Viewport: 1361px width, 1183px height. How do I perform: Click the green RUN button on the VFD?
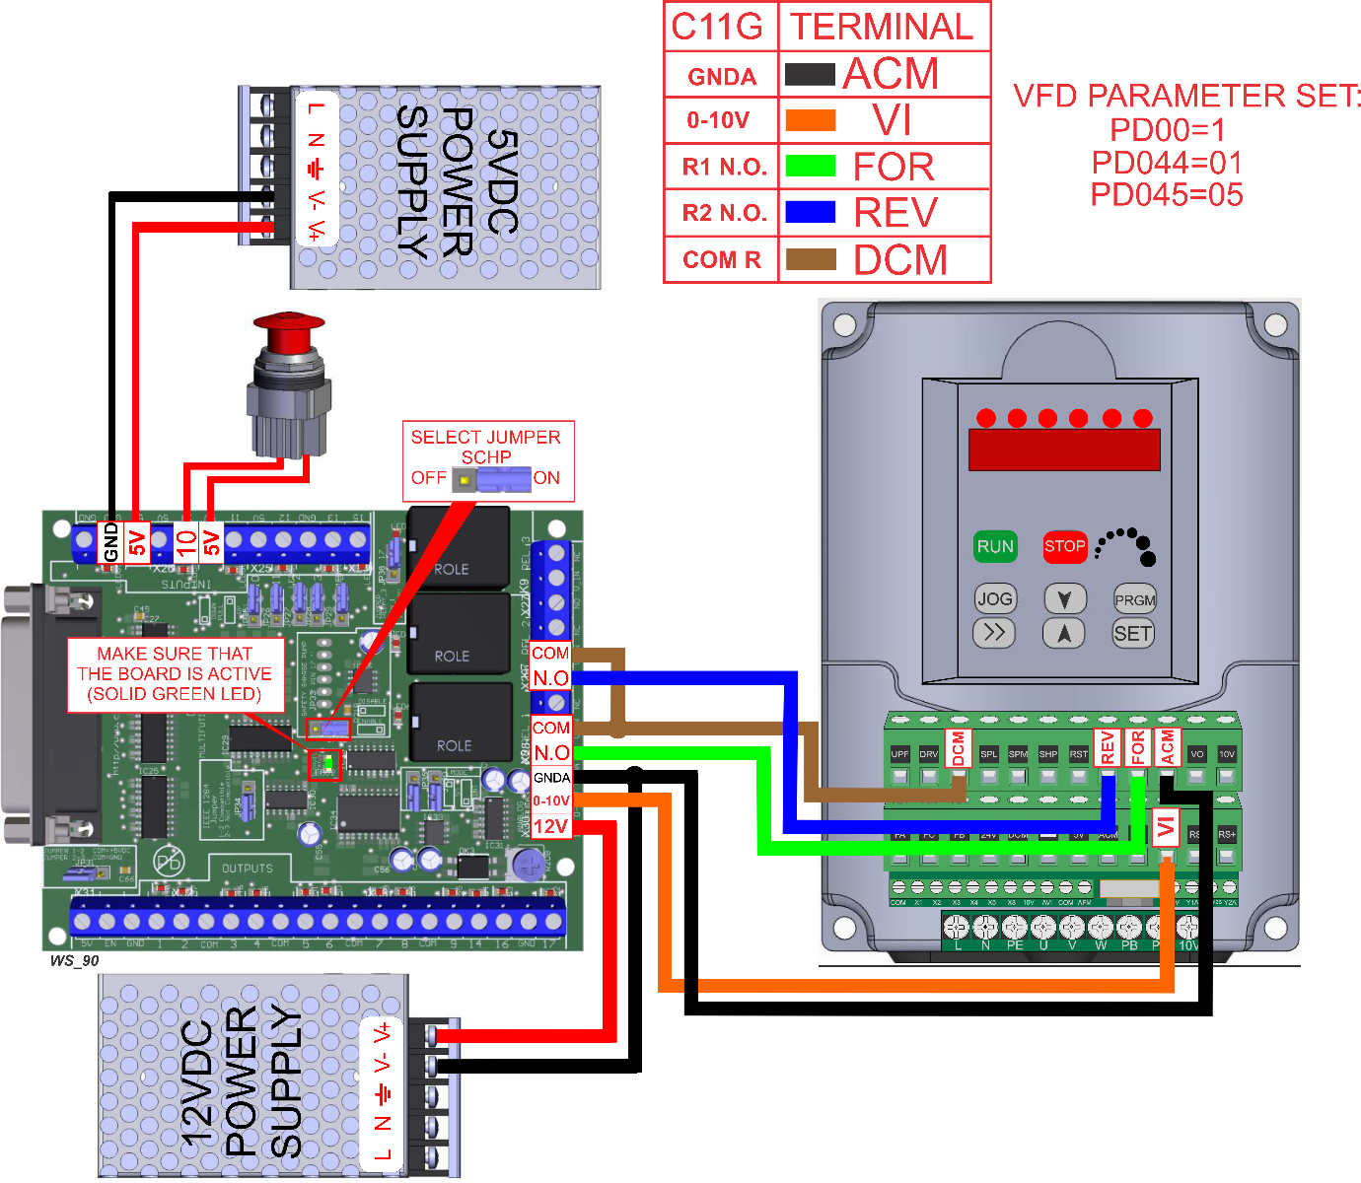pyautogui.click(x=995, y=546)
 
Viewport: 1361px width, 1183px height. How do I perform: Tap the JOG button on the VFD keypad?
pyautogui.click(x=994, y=598)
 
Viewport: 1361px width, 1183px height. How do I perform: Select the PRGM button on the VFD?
pyautogui.click(x=1134, y=599)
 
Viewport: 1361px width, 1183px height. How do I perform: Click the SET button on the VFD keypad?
pyautogui.click(x=1132, y=634)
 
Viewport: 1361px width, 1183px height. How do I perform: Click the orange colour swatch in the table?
pyautogui.click(x=810, y=120)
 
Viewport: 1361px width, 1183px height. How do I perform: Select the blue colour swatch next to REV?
pyautogui.click(x=810, y=212)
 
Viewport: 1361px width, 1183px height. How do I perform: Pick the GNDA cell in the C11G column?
pyautogui.click(x=722, y=77)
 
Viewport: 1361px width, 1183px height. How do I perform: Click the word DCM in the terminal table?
pyautogui.click(x=899, y=260)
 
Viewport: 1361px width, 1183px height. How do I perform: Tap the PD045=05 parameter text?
pyautogui.click(x=1166, y=195)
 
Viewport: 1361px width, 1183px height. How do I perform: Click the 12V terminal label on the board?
pyautogui.click(x=550, y=826)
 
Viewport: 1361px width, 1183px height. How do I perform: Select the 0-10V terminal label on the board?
pyautogui.click(x=551, y=801)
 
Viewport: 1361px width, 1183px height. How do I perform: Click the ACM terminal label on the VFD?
pyautogui.click(x=1168, y=747)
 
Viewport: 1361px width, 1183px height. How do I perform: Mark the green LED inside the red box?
pyautogui.click(x=326, y=763)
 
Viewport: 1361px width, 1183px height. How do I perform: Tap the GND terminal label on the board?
pyautogui.click(x=111, y=542)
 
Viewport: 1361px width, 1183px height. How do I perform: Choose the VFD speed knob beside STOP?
pyautogui.click(x=1128, y=545)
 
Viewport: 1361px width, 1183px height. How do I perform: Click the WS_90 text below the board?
pyautogui.click(x=75, y=960)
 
